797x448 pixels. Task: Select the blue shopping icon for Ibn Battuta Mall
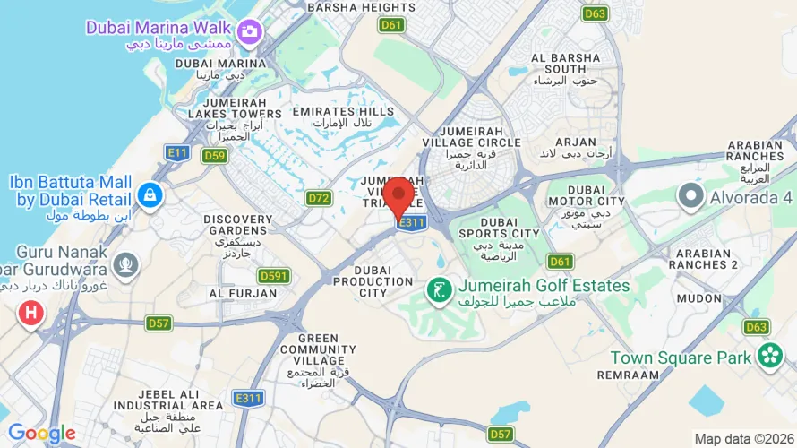(x=150, y=194)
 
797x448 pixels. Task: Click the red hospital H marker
(x=31, y=313)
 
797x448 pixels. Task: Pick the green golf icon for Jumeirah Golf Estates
(x=438, y=289)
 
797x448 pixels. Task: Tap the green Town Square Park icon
(x=769, y=357)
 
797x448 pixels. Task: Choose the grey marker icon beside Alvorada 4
(x=690, y=194)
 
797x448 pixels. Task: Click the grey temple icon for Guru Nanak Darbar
(x=125, y=263)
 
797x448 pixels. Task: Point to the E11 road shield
(x=177, y=153)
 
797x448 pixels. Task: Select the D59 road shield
(x=214, y=156)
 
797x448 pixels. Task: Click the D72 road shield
(x=319, y=197)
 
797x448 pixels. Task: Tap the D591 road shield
(x=273, y=276)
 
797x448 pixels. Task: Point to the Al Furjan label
(x=239, y=293)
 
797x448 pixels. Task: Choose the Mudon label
(x=698, y=297)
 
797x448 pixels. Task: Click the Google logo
(x=42, y=434)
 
